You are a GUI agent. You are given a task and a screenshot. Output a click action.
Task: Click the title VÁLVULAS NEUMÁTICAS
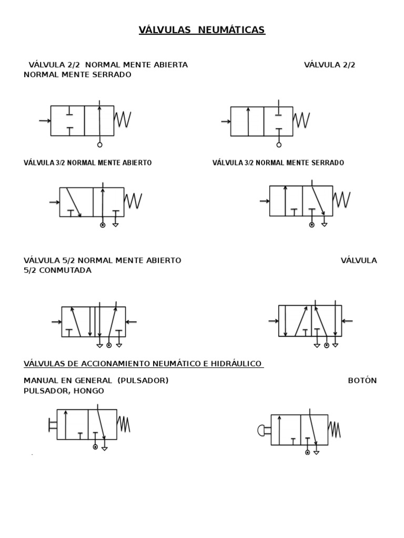click(x=202, y=30)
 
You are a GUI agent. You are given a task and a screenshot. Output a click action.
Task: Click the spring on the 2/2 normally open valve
click(x=123, y=120)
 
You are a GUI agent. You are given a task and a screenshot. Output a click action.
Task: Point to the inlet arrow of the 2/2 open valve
click(x=44, y=121)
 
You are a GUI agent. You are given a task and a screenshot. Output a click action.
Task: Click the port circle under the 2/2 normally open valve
click(x=100, y=144)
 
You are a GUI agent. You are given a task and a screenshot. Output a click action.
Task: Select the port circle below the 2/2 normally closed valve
click(x=279, y=144)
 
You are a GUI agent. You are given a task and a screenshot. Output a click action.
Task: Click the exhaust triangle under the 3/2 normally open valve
click(x=115, y=225)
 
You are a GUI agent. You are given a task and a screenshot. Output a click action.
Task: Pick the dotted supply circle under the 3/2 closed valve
click(x=311, y=225)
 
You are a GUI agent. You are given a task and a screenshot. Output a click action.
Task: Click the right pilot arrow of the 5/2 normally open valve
click(x=132, y=322)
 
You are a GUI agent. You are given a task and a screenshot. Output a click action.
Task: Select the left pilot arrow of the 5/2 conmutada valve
click(x=273, y=321)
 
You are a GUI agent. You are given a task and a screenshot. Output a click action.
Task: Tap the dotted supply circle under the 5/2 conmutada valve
click(x=327, y=345)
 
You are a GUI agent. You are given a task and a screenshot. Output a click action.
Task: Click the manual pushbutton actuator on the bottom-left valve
click(x=52, y=425)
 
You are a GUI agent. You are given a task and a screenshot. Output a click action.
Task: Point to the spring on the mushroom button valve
click(x=334, y=429)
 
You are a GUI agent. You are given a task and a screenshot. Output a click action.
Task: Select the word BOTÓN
click(x=362, y=380)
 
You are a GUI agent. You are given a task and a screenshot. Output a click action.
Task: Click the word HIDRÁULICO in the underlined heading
click(x=236, y=364)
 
